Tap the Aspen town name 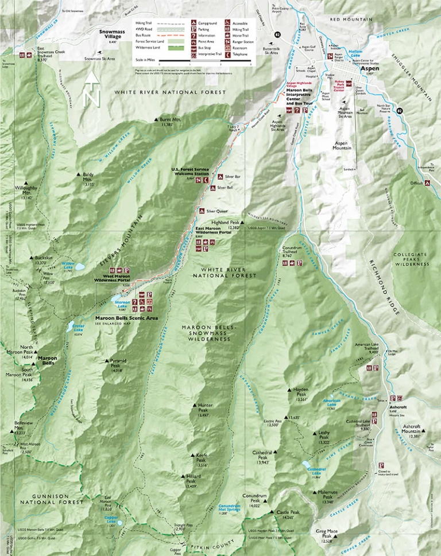(368, 67)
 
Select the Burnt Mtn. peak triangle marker (156, 119)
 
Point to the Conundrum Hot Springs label (229, 508)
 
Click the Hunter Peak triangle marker (194, 405)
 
